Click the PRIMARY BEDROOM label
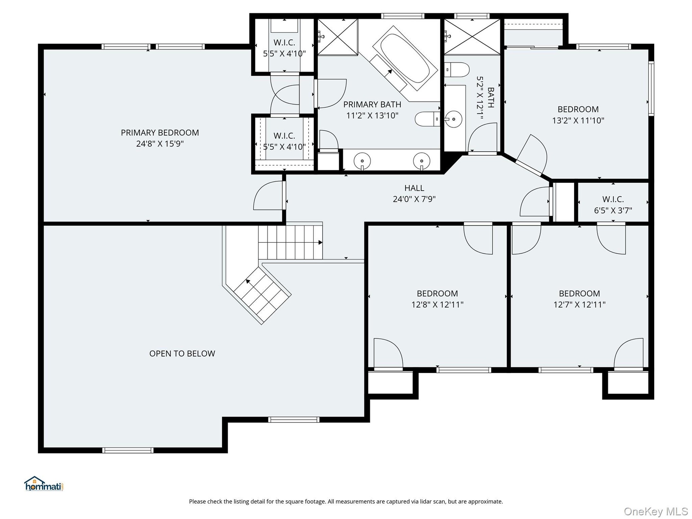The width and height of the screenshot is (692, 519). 160,133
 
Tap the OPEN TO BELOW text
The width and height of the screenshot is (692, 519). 182,354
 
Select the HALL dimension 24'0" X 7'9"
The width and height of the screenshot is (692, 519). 414,199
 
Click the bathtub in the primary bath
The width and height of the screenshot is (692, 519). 405,58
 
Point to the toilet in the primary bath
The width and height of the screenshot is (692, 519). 427,119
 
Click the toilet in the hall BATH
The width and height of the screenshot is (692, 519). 457,70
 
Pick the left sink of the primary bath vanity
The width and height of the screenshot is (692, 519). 362,160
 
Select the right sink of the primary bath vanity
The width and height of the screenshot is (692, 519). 421,160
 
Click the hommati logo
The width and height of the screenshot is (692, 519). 44,484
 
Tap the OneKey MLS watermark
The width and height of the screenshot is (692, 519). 656,511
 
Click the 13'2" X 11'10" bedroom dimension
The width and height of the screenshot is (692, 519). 578,120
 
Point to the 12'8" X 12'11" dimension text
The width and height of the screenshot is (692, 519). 437,305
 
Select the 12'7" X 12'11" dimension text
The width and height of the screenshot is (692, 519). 579,305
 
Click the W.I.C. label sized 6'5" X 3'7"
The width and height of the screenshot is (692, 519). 613,199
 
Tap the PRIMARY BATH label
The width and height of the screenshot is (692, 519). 372,105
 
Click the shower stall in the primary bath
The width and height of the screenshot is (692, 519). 337,37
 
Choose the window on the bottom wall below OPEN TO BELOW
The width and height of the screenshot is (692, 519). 128,450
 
